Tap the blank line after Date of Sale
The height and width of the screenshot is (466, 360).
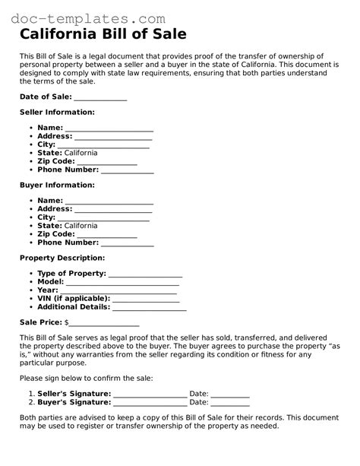(100, 99)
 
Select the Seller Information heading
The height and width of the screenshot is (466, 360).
(57, 112)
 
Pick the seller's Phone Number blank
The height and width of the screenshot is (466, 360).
(128, 172)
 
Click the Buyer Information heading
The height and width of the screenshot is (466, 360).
(57, 185)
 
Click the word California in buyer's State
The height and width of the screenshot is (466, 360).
(81, 226)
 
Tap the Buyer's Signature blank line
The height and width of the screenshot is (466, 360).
(150, 404)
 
